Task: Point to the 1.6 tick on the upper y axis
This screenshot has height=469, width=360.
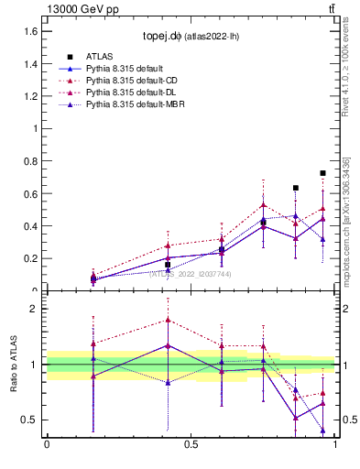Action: click(x=31, y=31)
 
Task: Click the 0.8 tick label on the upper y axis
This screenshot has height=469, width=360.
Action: click(x=31, y=161)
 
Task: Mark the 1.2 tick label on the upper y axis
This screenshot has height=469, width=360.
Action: click(x=31, y=96)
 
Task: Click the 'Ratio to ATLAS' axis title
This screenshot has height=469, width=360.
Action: click(x=14, y=365)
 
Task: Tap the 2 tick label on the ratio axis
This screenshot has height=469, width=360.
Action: click(x=34, y=309)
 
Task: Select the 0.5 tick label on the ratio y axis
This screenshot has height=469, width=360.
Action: click(x=31, y=420)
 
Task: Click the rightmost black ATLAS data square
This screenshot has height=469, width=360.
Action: click(x=322, y=173)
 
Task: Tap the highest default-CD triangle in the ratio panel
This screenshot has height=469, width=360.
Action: click(x=168, y=320)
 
